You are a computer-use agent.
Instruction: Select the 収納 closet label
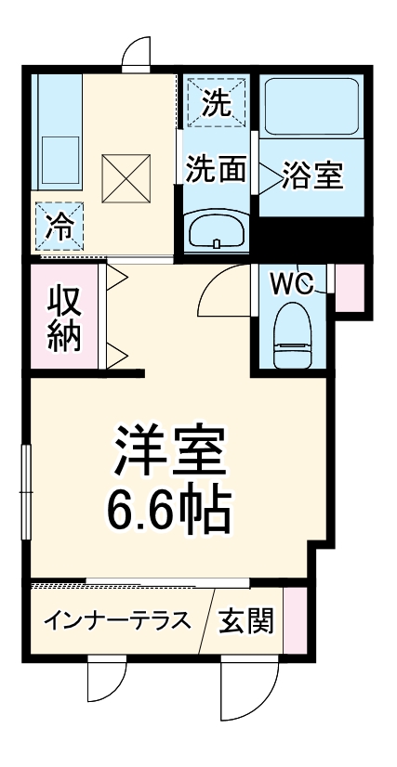63,319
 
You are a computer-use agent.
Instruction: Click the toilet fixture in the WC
293,335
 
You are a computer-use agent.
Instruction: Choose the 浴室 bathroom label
313,175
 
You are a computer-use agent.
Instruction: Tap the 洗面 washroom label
216,170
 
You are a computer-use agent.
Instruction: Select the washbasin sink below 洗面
216,230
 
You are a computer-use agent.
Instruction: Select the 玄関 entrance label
246,621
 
